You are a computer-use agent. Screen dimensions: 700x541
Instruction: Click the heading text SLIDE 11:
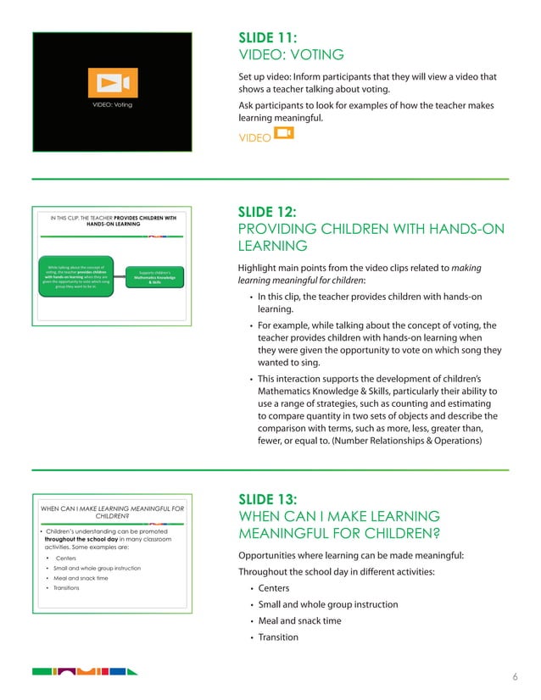267,38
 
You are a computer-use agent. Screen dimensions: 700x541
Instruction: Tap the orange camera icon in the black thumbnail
113,82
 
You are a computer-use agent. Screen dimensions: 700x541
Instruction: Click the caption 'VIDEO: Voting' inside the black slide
113,106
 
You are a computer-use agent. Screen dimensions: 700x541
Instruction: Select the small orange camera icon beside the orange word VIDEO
284,133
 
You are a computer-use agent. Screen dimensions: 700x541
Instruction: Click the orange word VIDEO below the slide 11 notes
254,136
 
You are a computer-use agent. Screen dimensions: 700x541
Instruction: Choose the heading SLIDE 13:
267,500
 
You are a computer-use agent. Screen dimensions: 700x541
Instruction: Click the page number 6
515,677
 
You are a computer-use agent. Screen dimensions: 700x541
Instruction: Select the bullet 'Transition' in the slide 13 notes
278,637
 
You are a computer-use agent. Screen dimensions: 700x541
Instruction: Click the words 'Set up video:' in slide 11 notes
267,77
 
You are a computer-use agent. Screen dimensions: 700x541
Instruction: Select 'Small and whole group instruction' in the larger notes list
327,604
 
